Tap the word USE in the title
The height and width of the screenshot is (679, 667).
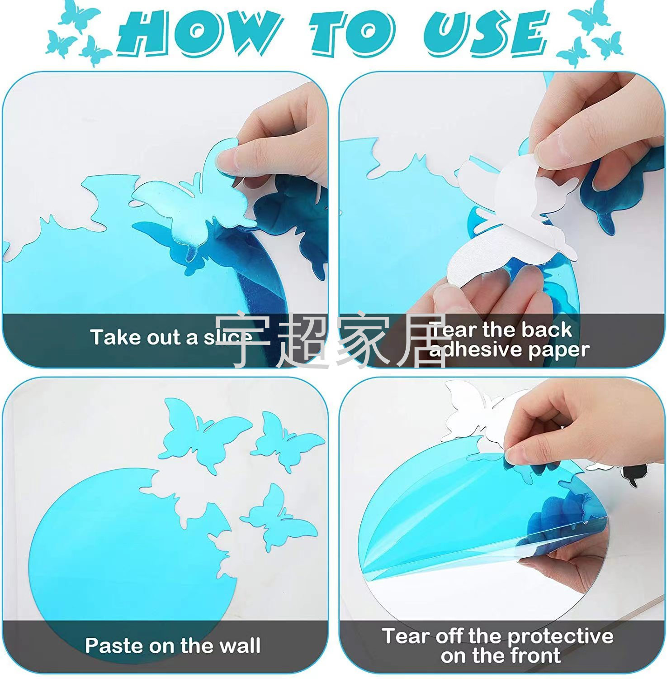(487, 33)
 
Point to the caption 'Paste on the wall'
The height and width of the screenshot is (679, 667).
(173, 645)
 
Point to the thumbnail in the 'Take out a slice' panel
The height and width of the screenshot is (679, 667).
(227, 159)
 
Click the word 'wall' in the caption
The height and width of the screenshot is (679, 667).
(239, 645)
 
